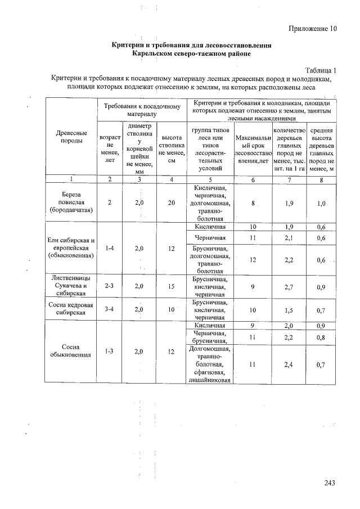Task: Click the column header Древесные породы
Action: pyautogui.click(x=71, y=137)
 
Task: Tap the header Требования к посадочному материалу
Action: pyautogui.click(x=141, y=109)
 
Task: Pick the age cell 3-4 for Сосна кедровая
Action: pyautogui.click(x=110, y=310)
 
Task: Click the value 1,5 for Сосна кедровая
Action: pyautogui.click(x=289, y=310)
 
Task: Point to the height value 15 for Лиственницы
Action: pyautogui.click(x=172, y=286)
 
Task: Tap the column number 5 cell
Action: pyautogui.click(x=210, y=179)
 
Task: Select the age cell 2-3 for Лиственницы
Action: pyautogui.click(x=110, y=286)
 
